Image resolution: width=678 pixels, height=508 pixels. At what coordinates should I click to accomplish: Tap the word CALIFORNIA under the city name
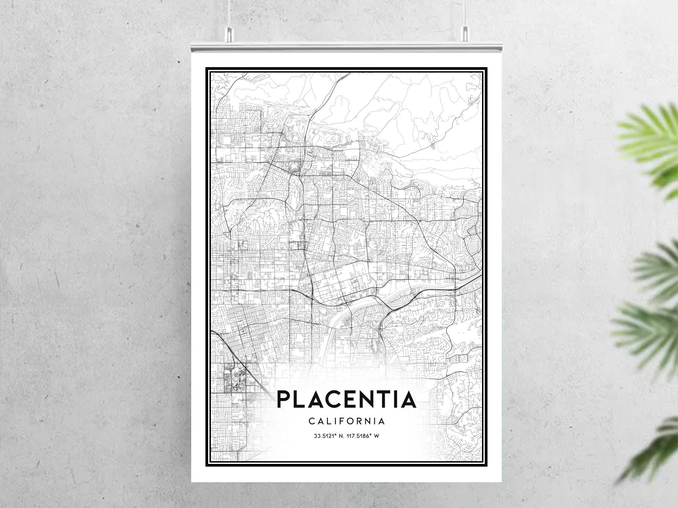pos(346,421)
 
